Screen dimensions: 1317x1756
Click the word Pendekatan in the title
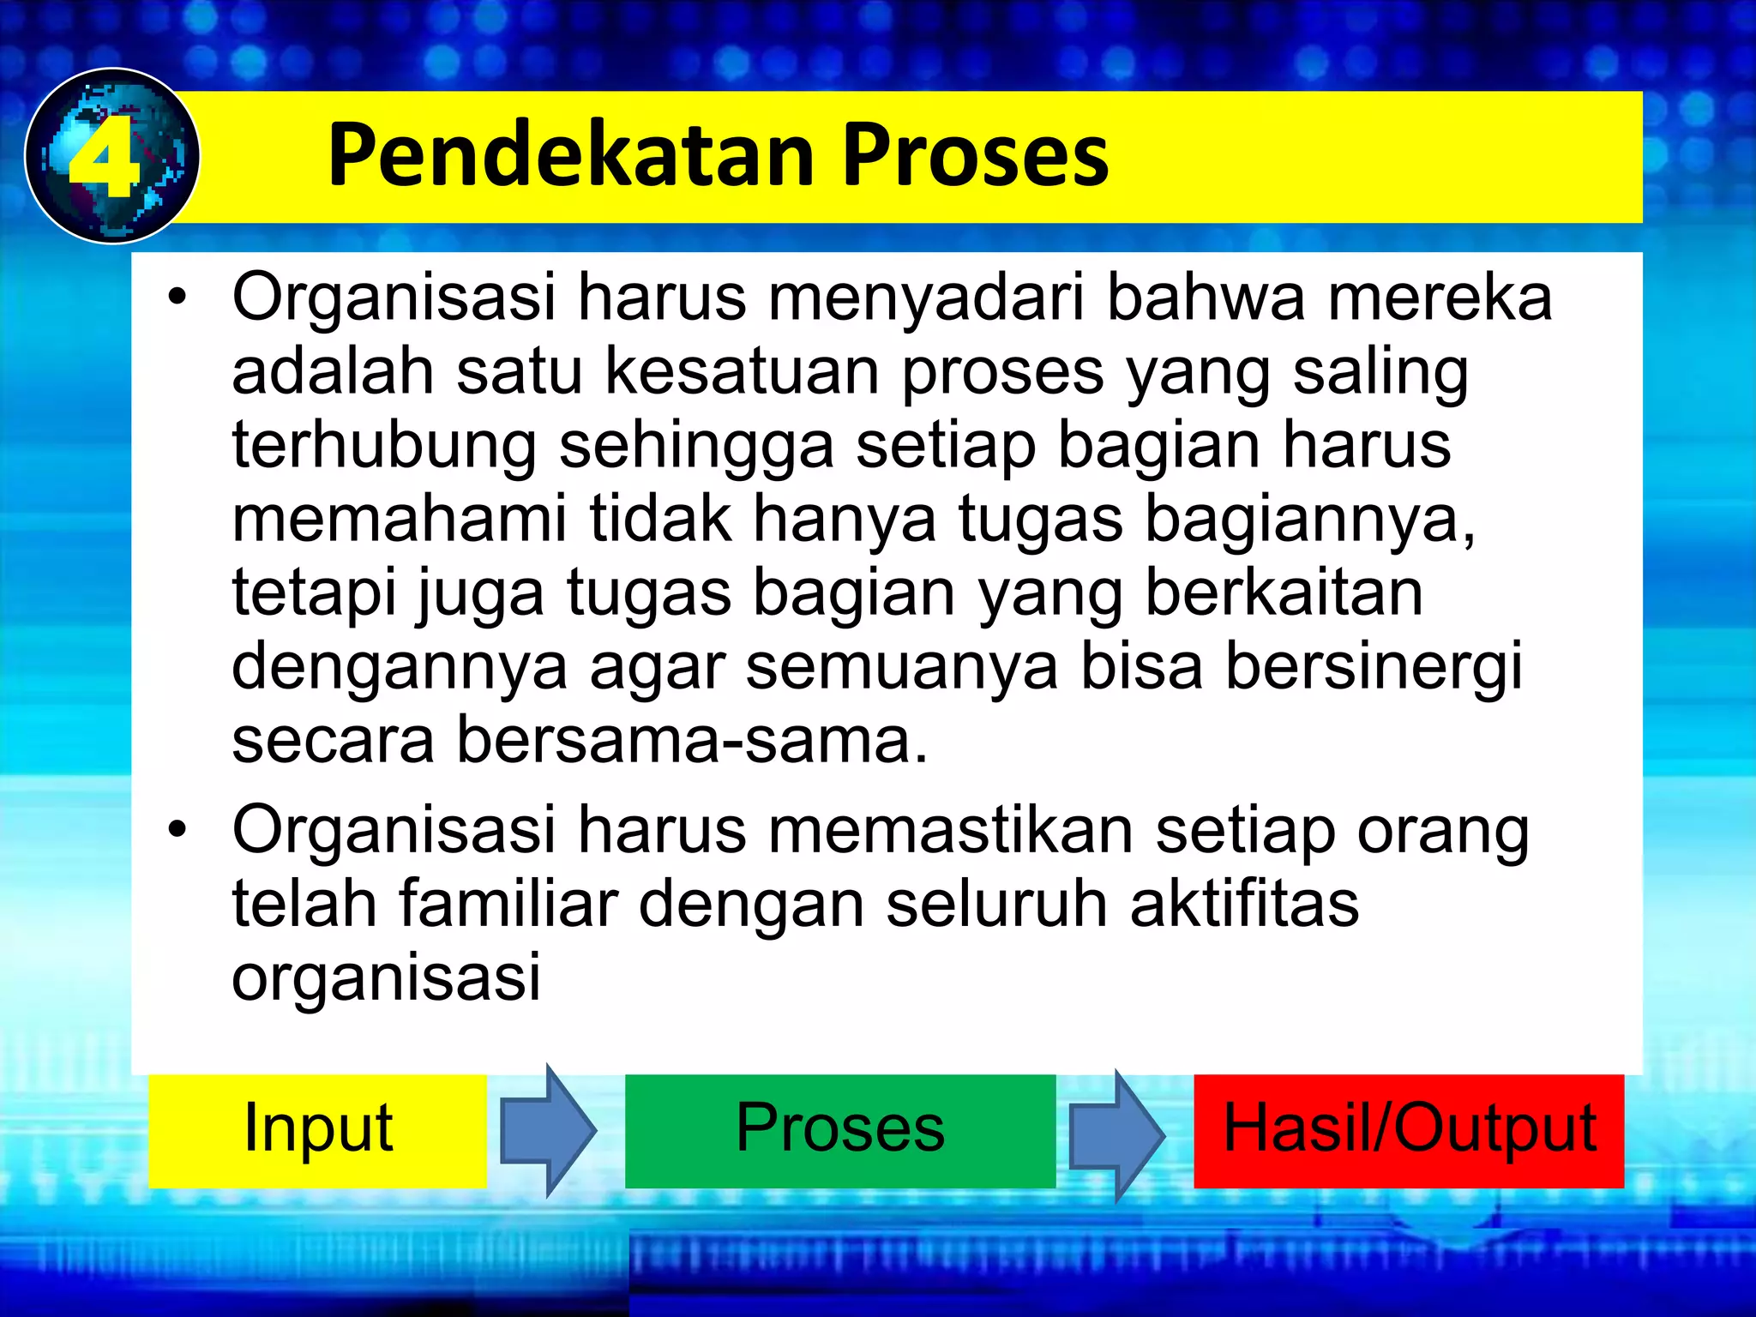[x=570, y=155]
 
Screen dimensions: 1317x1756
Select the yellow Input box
[x=317, y=1129]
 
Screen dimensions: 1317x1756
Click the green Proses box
[x=840, y=1129]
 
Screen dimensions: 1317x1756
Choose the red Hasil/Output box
[x=1409, y=1129]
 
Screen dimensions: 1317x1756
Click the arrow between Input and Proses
[x=547, y=1130]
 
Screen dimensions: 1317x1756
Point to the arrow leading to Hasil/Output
[x=1116, y=1134]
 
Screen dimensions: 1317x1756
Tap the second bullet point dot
[x=177, y=830]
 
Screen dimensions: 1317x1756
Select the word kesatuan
[x=743, y=372]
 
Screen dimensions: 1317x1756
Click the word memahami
[x=399, y=520]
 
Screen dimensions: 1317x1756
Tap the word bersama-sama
[x=691, y=741]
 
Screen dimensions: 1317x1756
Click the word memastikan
[x=951, y=830]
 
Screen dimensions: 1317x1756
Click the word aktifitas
[x=1244, y=904]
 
